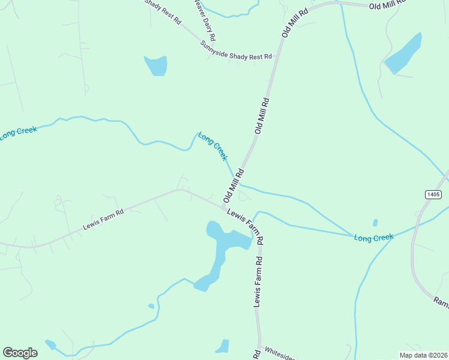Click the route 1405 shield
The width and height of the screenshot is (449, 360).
433,194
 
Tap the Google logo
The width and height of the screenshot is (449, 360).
20,353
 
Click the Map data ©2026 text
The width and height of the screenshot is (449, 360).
423,355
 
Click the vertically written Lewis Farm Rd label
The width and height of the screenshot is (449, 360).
259,282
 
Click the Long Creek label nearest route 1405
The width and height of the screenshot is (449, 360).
373,238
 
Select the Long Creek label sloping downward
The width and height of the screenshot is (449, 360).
213,146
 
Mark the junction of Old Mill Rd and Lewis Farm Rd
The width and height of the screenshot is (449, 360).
223,208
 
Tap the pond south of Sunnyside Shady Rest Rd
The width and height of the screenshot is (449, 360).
156,65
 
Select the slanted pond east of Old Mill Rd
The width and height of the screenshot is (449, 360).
403,53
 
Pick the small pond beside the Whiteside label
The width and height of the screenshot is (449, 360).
223,347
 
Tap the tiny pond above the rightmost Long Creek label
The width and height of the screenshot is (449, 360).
375,223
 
